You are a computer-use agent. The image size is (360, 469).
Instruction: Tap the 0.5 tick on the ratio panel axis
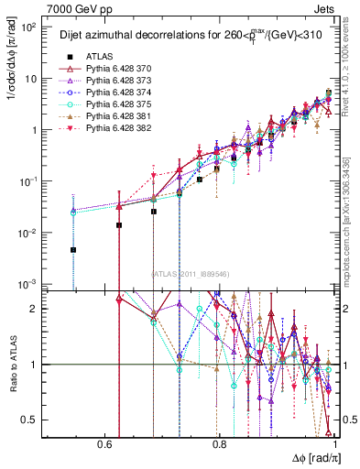point(34,420)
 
